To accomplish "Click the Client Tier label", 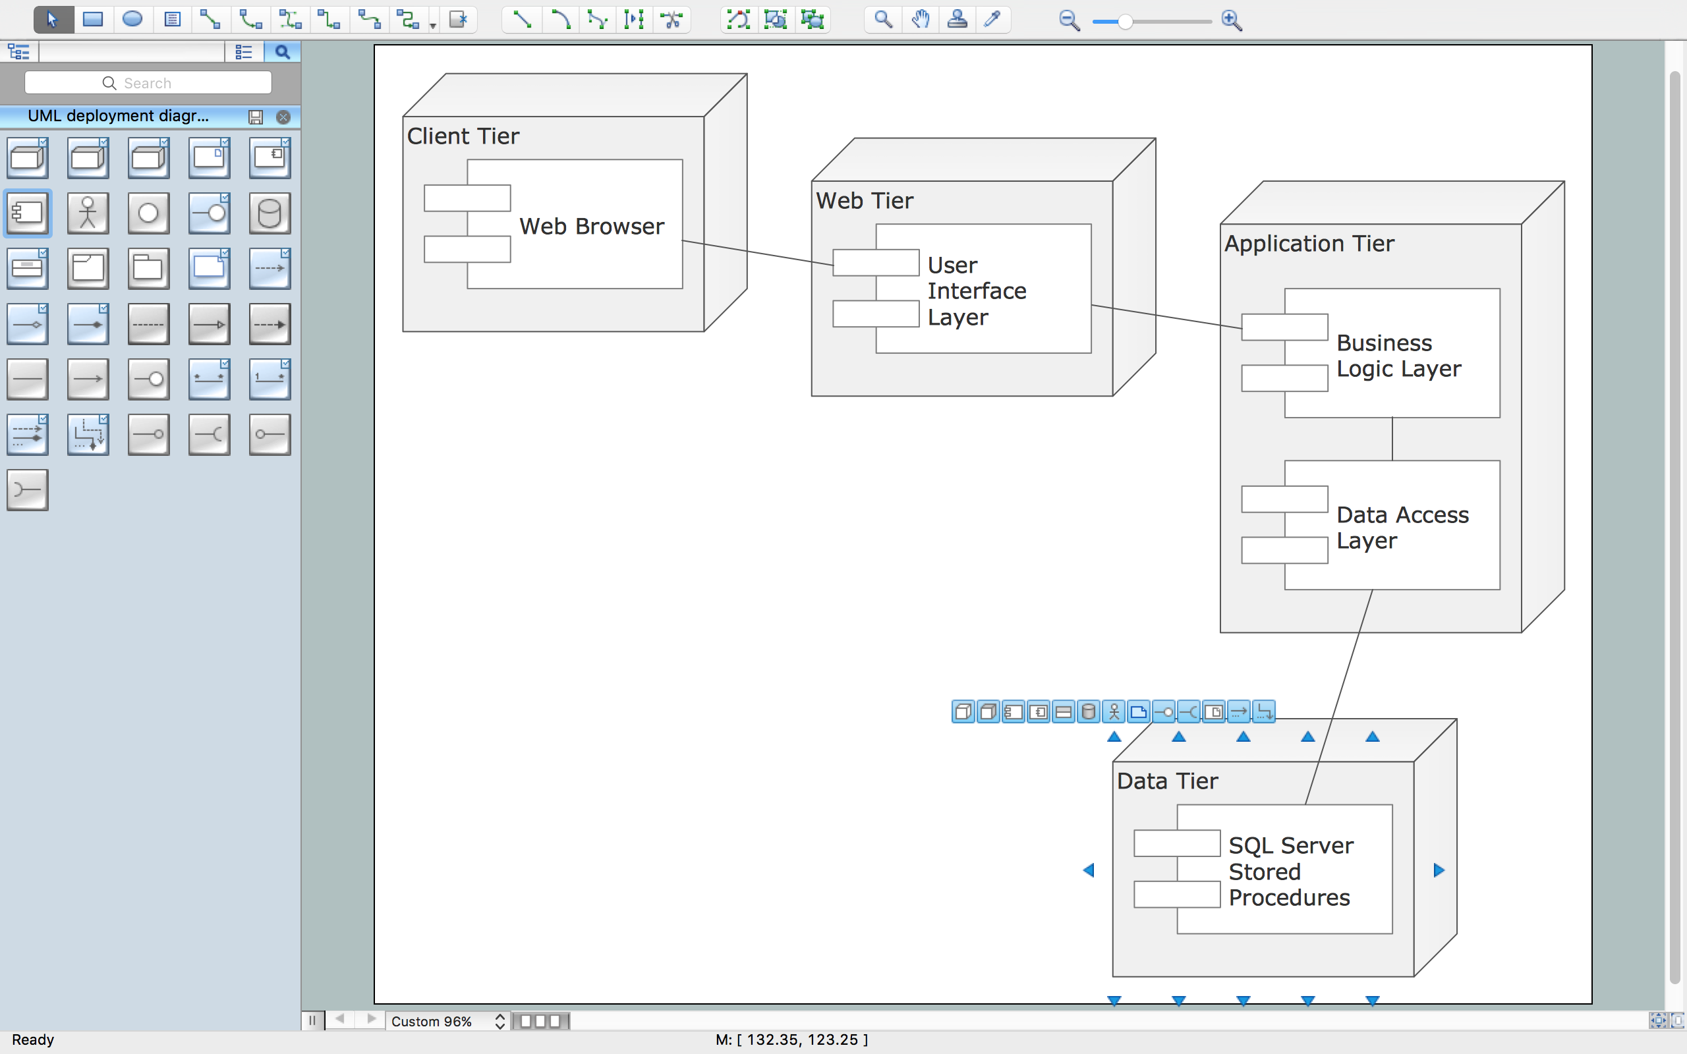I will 463,136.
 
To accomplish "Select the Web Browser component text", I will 591,227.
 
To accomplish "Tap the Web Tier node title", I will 865,201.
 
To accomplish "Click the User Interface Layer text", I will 976,291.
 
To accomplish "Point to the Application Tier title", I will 1309,243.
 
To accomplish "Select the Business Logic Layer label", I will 1398,356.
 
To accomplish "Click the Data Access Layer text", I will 1401,527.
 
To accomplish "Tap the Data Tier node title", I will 1167,781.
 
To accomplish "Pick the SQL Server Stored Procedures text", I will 1290,872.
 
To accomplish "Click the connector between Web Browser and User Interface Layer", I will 758,252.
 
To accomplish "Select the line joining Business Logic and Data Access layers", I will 1392,439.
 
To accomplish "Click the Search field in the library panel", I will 148,83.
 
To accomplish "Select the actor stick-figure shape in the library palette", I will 88,213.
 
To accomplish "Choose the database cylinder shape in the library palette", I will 270,213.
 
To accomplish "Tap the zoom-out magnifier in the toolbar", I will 1069,21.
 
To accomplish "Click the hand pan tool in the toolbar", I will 920,20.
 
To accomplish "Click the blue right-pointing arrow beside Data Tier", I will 1439,870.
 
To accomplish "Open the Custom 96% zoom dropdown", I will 499,1021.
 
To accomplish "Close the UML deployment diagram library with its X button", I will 283,117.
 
